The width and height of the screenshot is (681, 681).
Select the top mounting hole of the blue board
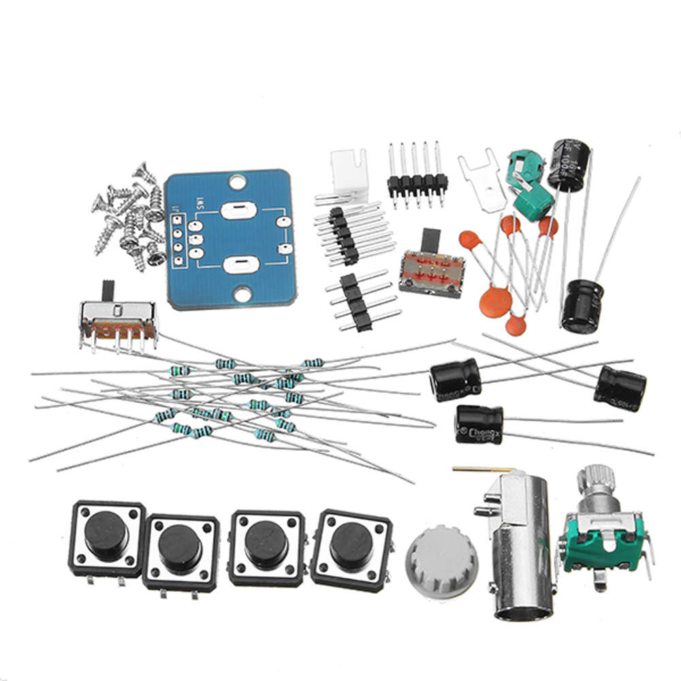(x=236, y=182)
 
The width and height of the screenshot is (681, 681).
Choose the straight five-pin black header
(x=417, y=181)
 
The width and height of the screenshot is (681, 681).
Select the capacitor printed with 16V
(x=567, y=165)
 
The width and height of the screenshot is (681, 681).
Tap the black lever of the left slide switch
(x=108, y=290)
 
